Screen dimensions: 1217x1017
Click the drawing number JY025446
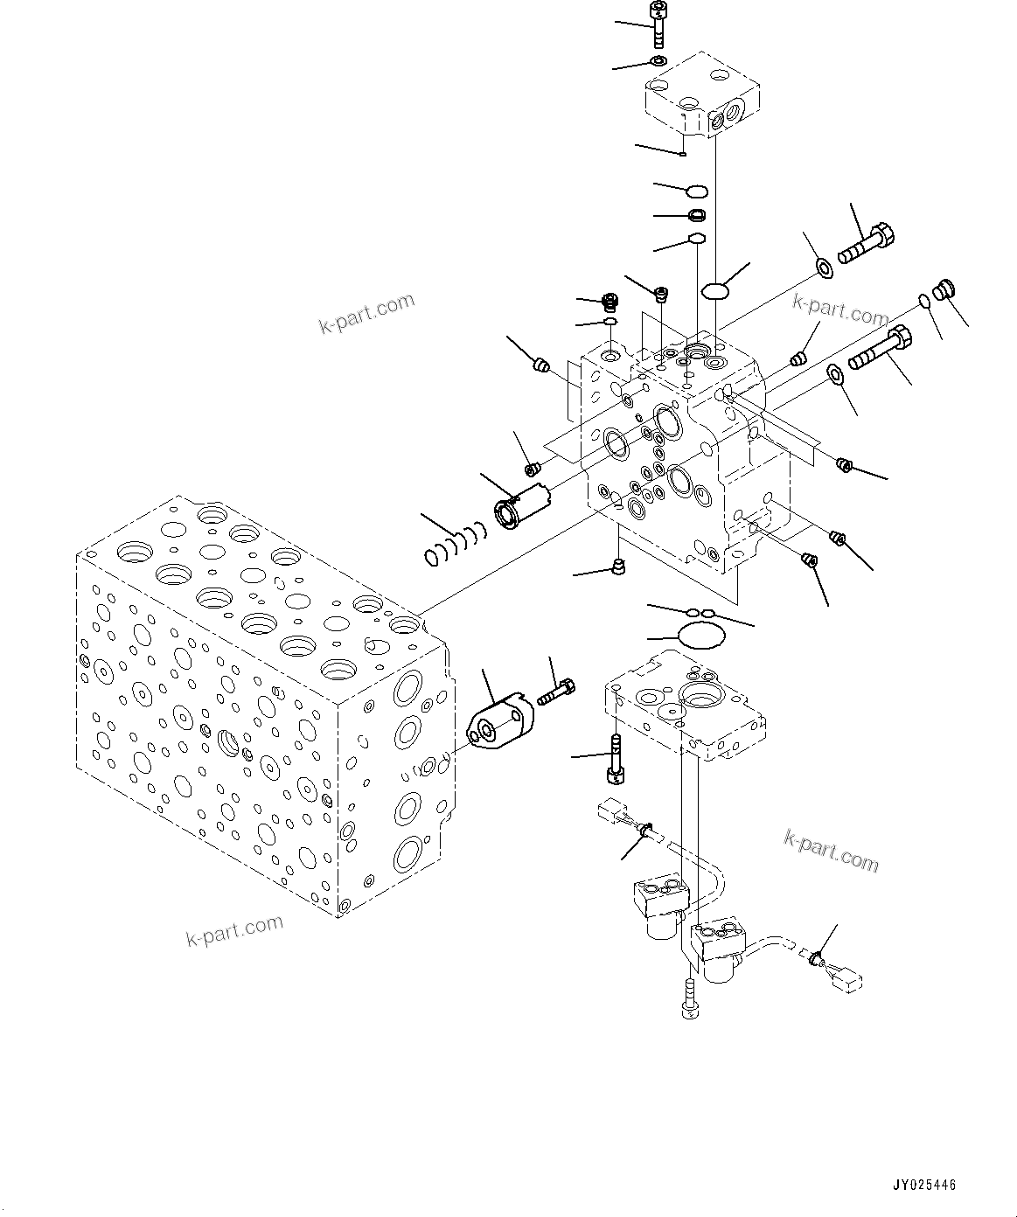(x=923, y=1186)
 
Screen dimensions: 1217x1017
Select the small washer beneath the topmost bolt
(x=658, y=60)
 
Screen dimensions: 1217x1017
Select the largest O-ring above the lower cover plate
(x=697, y=636)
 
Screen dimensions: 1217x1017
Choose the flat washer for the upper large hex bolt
(x=823, y=267)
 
